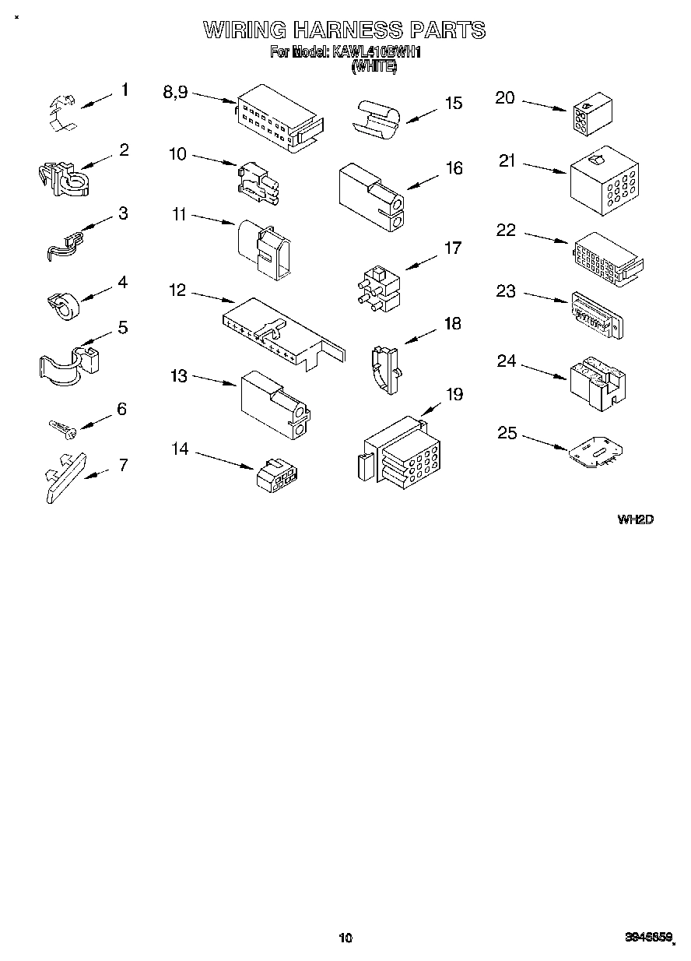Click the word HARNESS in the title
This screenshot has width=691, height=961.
[x=347, y=30]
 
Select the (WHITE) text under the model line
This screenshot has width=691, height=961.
[x=374, y=68]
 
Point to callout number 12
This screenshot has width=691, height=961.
[x=177, y=290]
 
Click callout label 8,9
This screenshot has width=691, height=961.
[x=175, y=92]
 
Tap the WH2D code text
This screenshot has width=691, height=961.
[x=635, y=519]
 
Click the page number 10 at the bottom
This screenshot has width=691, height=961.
[x=345, y=938]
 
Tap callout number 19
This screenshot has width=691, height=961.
[x=453, y=395]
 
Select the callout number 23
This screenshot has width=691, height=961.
[x=506, y=290]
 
